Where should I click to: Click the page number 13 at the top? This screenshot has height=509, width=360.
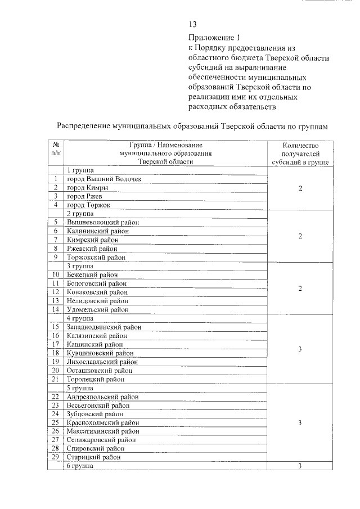tap(192, 24)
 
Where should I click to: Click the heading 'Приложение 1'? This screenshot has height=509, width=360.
tap(214, 38)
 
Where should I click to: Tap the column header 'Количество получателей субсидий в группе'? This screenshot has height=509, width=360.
tap(300, 153)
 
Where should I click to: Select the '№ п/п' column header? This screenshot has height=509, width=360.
tap(56, 148)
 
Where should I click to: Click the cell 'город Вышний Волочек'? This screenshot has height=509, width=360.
tap(104, 179)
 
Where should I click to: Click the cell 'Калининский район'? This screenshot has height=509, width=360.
tap(98, 231)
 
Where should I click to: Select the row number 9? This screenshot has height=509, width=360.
tap(56, 258)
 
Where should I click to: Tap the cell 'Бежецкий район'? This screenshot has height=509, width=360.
tap(93, 275)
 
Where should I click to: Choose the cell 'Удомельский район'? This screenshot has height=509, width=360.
tap(98, 309)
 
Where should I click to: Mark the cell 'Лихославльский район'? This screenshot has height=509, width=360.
tap(102, 362)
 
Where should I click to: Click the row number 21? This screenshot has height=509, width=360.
tap(56, 379)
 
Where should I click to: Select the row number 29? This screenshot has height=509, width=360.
tap(56, 457)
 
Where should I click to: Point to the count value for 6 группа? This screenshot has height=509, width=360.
tap(300, 466)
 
